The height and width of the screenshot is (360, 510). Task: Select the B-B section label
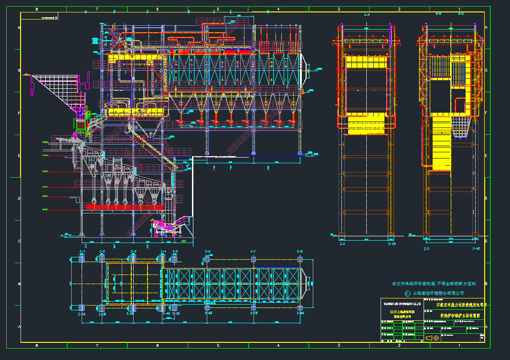coord(438,14)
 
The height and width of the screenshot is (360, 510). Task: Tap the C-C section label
coord(461,14)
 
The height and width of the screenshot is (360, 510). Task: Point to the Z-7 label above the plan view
coord(253,251)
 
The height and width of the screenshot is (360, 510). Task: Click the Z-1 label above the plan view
coord(82,251)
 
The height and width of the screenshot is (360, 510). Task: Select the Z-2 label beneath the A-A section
coord(342,244)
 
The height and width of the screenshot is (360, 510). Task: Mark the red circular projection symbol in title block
coord(436,338)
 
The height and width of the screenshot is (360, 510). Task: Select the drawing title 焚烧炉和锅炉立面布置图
coord(461,316)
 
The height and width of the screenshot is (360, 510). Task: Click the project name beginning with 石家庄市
coord(461,304)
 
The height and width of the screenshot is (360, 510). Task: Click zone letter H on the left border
coord(19,28)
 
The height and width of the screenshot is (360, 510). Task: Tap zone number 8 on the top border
coord(37,9)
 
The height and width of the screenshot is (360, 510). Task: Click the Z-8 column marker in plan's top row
coord(300,251)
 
